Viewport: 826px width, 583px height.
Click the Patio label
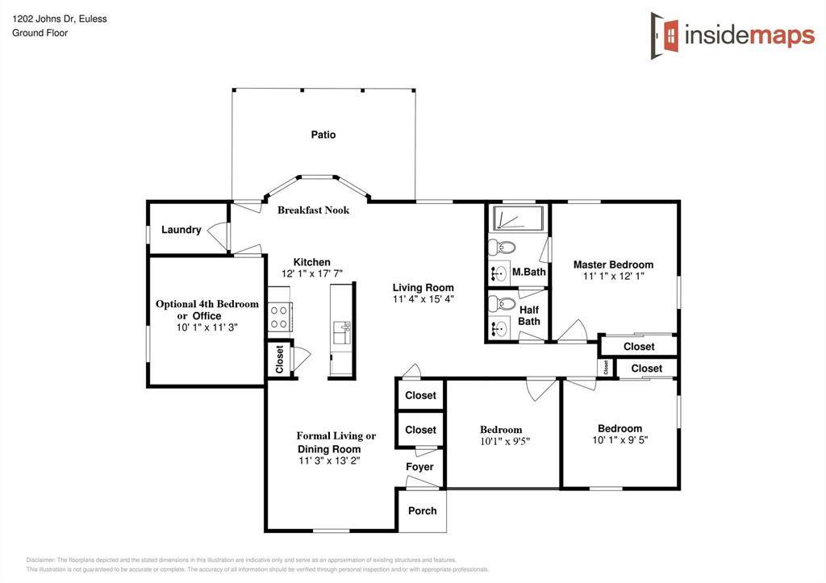tap(323, 135)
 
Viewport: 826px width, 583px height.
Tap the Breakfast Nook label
tap(314, 210)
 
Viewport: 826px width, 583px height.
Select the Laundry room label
tap(181, 230)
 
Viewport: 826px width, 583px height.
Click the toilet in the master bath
tap(505, 247)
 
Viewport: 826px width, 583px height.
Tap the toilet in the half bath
tap(505, 304)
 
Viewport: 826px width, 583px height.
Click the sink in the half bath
tap(499, 328)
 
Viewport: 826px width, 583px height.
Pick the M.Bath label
tap(529, 273)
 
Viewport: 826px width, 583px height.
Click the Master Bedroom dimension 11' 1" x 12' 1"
tap(613, 277)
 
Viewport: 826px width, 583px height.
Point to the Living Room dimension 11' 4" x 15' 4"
tap(423, 299)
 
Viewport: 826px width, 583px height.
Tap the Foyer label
tap(419, 467)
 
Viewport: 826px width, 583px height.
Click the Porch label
tap(422, 510)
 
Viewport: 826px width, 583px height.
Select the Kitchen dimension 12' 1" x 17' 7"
tap(311, 274)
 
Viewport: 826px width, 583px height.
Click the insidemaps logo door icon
tap(665, 35)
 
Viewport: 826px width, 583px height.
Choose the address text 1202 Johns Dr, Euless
tap(59, 19)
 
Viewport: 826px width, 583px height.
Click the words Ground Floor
tap(40, 33)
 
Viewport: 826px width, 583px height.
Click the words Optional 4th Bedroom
tap(207, 304)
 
